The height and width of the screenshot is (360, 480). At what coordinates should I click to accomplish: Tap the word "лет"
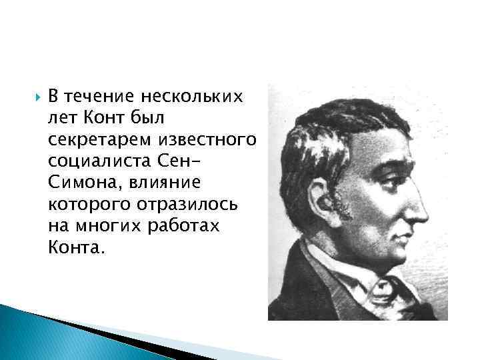pos(63,119)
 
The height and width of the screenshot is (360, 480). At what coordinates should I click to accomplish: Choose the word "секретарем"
pos(100,141)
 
